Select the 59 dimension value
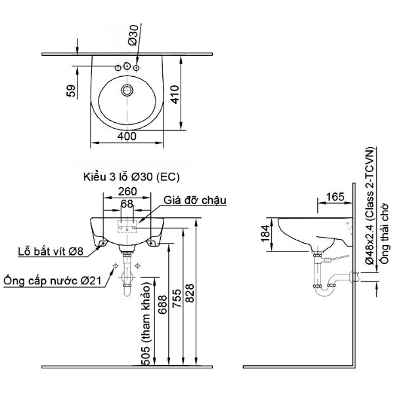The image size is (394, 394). tap(72, 90)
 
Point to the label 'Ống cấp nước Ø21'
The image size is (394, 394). tap(53, 281)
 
